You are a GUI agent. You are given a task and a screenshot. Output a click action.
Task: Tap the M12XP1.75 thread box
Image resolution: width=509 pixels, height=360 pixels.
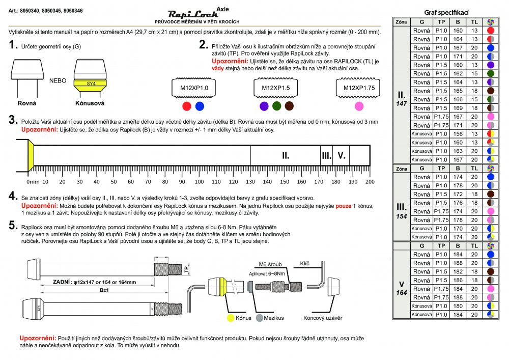click(359, 88)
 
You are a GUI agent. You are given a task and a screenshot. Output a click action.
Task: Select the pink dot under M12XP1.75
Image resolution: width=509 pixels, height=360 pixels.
click(359, 106)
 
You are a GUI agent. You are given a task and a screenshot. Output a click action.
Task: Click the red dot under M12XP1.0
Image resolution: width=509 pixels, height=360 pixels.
click(187, 106)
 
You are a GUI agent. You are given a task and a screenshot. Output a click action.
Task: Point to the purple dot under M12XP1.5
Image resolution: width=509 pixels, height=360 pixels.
click(264, 106)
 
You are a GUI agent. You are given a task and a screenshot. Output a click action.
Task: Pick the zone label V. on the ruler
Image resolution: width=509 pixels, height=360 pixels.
click(341, 155)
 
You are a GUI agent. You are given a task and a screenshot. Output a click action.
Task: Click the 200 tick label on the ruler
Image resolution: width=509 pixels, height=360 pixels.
click(370, 181)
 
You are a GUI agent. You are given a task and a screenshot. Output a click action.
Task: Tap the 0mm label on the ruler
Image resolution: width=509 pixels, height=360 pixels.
click(33, 181)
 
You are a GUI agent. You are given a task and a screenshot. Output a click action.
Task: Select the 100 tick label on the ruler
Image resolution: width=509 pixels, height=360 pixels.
click(199, 181)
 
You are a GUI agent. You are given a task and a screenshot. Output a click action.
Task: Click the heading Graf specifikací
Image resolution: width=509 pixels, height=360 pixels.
click(446, 12)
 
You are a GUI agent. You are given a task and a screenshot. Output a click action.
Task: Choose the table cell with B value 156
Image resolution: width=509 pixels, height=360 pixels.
click(458, 133)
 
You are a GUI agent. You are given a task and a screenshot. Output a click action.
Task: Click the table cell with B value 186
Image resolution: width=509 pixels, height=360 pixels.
click(458, 280)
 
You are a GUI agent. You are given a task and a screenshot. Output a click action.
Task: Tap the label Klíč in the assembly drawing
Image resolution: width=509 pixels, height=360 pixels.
click(305, 263)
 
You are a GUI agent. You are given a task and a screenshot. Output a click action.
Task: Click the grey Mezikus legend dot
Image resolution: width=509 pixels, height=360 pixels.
click(259, 318)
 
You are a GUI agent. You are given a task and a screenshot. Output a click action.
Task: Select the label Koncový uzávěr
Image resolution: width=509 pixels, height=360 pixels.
click(323, 318)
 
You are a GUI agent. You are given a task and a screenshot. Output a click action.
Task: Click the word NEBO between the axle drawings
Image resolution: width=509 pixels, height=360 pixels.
click(58, 80)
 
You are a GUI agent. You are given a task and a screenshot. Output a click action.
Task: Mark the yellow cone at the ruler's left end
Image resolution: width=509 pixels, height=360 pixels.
click(31, 155)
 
